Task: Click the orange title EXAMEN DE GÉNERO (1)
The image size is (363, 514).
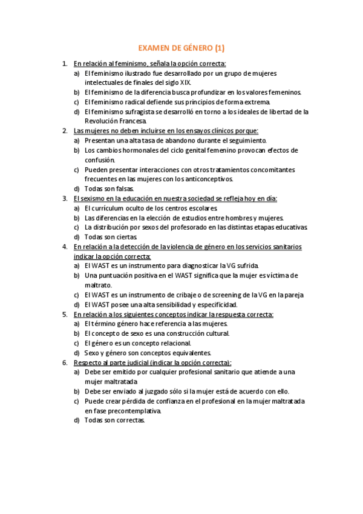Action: (181, 48)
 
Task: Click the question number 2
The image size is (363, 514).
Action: (65, 130)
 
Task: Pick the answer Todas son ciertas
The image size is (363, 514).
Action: (111, 237)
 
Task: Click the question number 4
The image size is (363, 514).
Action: (65, 247)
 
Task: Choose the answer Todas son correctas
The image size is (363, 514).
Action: (114, 421)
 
